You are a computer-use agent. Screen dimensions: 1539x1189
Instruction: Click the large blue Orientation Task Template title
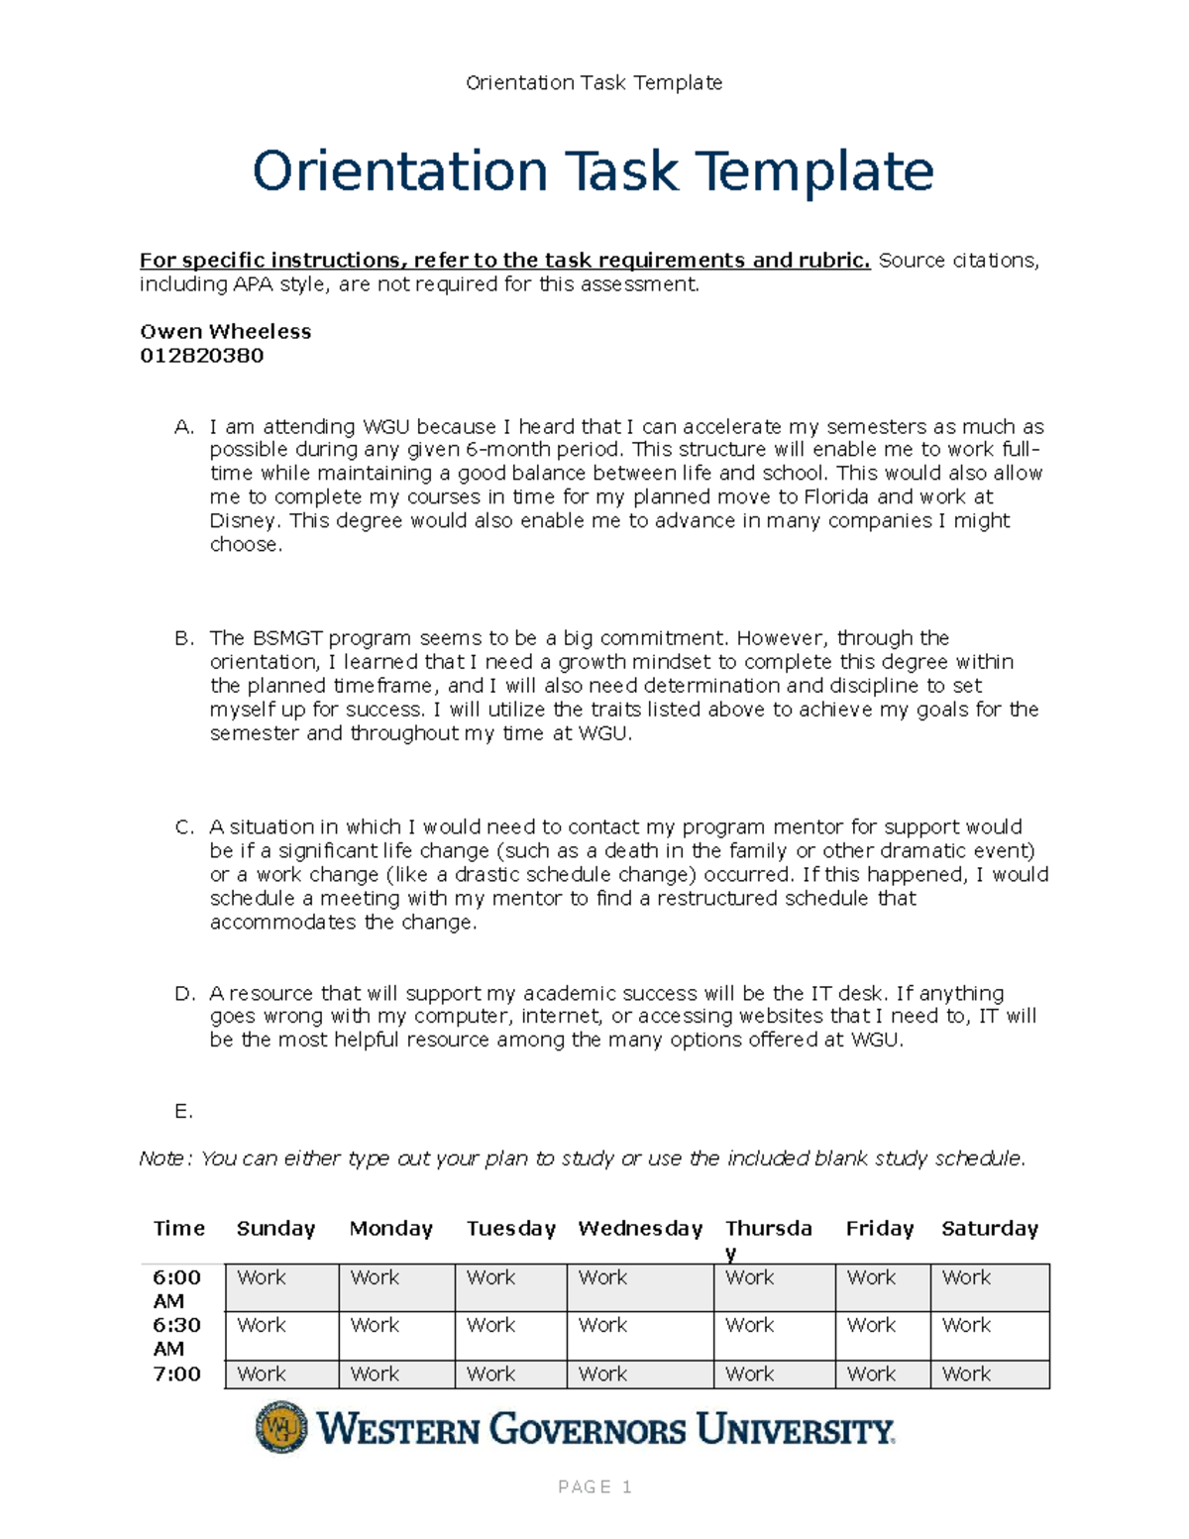click(x=593, y=170)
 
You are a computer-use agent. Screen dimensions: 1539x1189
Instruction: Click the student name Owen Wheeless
click(x=226, y=331)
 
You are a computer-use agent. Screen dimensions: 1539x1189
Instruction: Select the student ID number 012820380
click(x=202, y=355)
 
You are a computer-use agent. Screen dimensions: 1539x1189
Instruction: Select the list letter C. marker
click(x=184, y=827)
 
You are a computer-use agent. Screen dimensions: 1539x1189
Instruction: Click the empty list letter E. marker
click(x=183, y=1111)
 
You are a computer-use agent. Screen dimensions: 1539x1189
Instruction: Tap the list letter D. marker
click(x=184, y=993)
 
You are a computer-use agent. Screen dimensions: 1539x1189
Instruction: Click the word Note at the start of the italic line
click(x=161, y=1158)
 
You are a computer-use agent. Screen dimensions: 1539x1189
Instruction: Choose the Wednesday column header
click(x=640, y=1228)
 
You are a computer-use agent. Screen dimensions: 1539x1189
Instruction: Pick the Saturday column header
click(x=989, y=1228)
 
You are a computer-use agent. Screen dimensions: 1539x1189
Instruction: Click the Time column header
click(x=179, y=1228)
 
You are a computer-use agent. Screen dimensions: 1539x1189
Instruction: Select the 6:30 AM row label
click(x=176, y=1336)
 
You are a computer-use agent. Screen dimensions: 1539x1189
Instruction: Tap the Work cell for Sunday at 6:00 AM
click(x=262, y=1278)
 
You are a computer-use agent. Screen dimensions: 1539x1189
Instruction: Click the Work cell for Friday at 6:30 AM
click(x=871, y=1326)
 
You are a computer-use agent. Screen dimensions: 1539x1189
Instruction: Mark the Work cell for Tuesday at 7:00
click(x=490, y=1374)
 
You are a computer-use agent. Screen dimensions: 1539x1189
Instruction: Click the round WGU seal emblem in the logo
click(x=281, y=1427)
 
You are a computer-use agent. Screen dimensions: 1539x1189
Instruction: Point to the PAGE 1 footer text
click(x=594, y=1486)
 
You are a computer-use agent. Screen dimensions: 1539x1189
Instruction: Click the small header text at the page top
click(x=594, y=82)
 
